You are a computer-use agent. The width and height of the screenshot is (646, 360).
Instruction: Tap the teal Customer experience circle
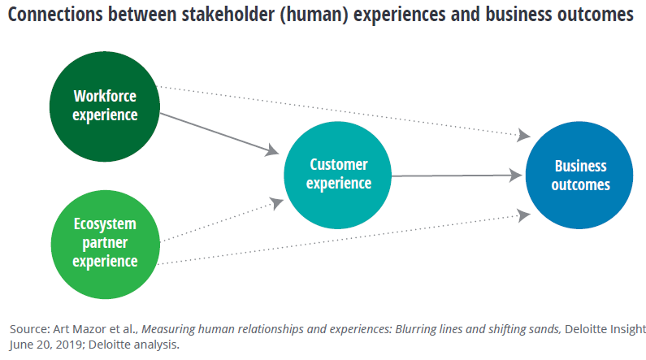coord(338,174)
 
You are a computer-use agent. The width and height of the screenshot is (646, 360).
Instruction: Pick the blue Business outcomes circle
coord(580,175)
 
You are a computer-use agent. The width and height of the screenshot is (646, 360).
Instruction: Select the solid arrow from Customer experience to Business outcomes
coord(455,174)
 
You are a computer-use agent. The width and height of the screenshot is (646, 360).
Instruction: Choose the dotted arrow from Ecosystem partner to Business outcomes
coord(341,239)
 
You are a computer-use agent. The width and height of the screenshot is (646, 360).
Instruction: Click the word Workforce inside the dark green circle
coord(105,94)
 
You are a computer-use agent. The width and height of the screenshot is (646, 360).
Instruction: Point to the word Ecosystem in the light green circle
coord(105,223)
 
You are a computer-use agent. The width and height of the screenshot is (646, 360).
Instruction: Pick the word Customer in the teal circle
coord(338,165)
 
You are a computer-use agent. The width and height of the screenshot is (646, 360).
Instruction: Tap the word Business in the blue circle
coord(580,166)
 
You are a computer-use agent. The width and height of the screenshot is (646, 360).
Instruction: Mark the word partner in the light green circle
coord(105,242)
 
